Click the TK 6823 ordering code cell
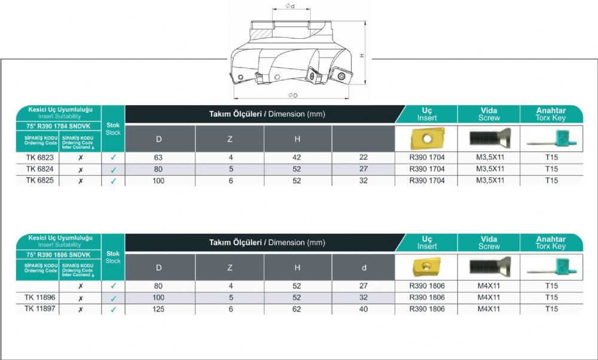click(x=39, y=157)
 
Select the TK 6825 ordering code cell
click(x=39, y=181)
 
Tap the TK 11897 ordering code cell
click(x=39, y=309)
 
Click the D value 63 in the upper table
click(x=158, y=157)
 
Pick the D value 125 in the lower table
click(x=158, y=309)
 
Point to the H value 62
click(x=297, y=309)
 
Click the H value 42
click(x=297, y=157)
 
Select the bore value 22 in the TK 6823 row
click(x=364, y=157)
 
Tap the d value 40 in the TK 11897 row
click(x=364, y=309)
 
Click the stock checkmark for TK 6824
click(x=113, y=170)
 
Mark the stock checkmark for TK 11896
click(x=113, y=298)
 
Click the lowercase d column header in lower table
click(x=364, y=268)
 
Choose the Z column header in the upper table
click(x=230, y=139)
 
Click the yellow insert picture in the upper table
click(x=427, y=138)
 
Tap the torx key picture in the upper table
click(x=552, y=139)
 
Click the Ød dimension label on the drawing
click(x=290, y=6)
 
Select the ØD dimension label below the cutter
click(x=293, y=95)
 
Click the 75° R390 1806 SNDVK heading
click(x=59, y=255)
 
